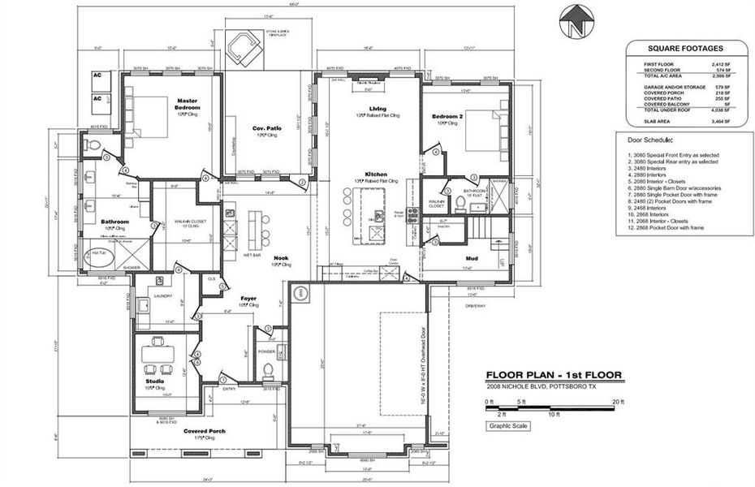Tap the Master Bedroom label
188,105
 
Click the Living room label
377,108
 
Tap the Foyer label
248,299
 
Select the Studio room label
155,381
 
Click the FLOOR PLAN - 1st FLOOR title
554,376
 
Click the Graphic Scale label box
509,425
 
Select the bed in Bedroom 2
480,129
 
